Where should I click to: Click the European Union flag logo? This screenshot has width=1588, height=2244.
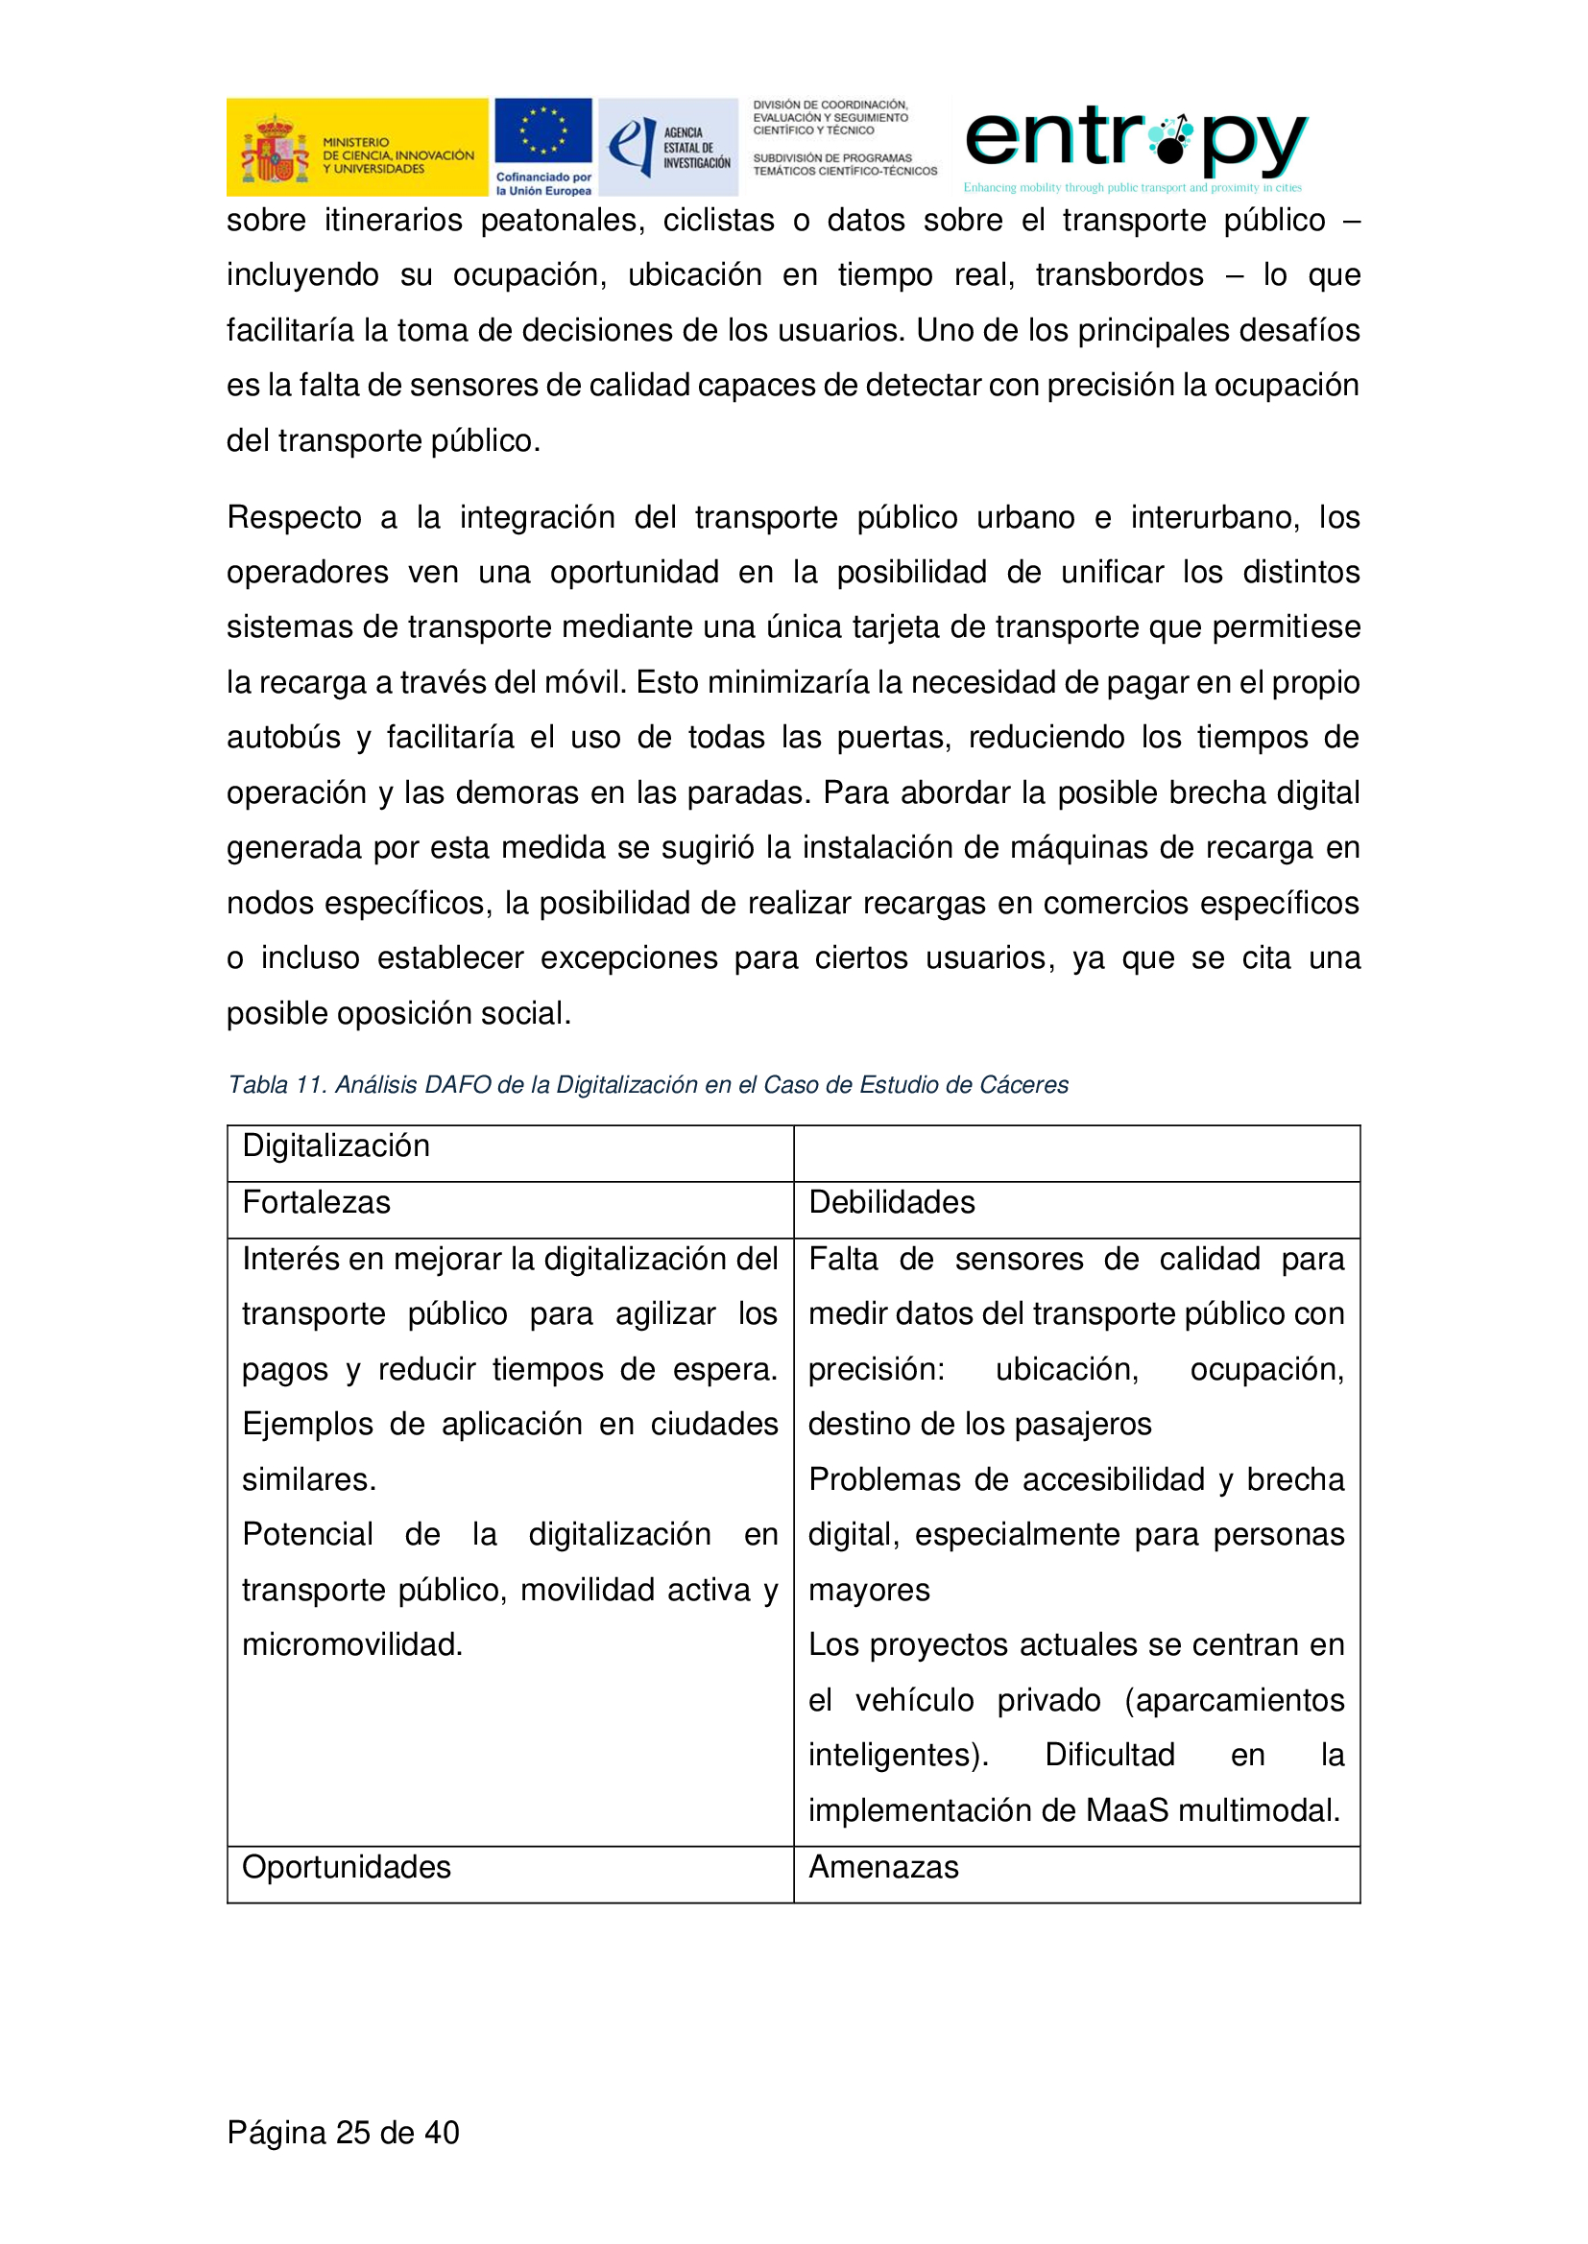(x=542, y=131)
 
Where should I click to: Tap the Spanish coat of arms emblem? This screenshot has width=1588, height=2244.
(x=275, y=149)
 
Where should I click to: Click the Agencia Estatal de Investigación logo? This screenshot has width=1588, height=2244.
(x=668, y=147)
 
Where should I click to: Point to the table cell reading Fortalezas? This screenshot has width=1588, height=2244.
(x=316, y=1202)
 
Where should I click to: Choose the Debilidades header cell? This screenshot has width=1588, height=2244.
(x=891, y=1202)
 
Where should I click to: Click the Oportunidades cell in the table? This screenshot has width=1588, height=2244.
(x=347, y=1867)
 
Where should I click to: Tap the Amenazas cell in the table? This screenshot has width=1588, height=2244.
(x=883, y=1867)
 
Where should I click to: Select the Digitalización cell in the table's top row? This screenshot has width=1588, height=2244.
(x=335, y=1146)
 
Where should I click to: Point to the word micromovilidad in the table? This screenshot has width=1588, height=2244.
(x=351, y=1645)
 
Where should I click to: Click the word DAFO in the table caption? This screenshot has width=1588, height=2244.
(x=459, y=1085)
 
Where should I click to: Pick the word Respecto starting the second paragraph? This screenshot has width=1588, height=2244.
(x=295, y=517)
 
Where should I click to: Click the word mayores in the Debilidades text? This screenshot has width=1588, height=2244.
(x=868, y=1590)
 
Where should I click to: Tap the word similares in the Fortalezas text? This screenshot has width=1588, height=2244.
(x=307, y=1479)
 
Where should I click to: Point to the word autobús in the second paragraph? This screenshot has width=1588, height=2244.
(x=283, y=737)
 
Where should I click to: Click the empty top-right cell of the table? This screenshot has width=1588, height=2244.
(x=1076, y=1153)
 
